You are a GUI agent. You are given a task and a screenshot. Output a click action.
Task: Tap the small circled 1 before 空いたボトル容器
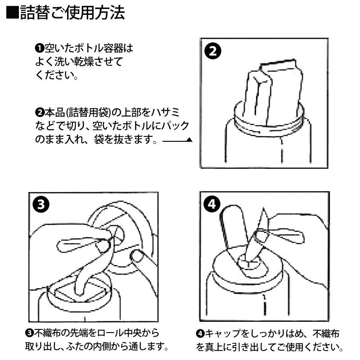point(39,48)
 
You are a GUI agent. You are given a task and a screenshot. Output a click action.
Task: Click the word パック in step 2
point(176,126)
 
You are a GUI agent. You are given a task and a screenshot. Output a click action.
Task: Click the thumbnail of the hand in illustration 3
point(104,245)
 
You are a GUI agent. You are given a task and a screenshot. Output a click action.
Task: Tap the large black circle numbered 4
point(213,205)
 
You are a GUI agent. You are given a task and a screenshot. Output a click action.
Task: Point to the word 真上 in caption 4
point(213,347)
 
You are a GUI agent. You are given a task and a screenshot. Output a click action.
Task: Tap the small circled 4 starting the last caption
point(200,333)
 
